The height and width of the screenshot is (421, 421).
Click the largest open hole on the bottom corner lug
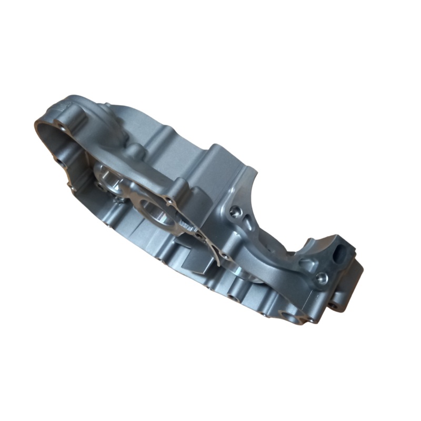[x=289, y=316]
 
